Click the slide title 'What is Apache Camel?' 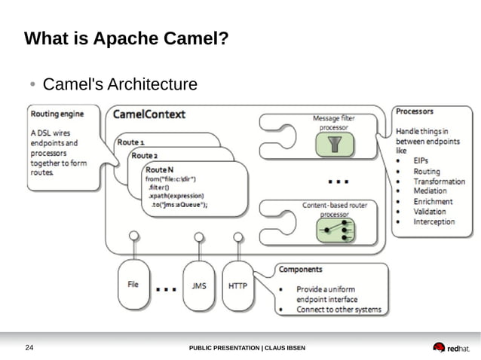(x=126, y=38)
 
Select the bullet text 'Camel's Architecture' (x=120, y=84)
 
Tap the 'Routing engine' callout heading (x=57, y=114)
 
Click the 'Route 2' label (x=144, y=155)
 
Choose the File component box (x=133, y=285)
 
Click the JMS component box (x=199, y=286)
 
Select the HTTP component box (x=237, y=286)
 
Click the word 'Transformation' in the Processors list (x=439, y=182)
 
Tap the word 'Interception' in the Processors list (x=434, y=222)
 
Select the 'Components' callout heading (x=301, y=269)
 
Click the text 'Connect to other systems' (x=339, y=310)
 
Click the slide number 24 (x=30, y=347)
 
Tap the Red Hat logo (x=451, y=347)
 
